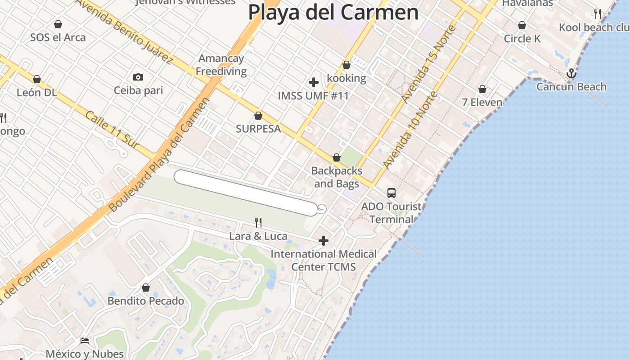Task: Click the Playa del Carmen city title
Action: pyautogui.click(x=333, y=12)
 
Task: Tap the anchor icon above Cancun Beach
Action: pyautogui.click(x=571, y=73)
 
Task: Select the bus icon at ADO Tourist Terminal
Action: pyautogui.click(x=391, y=193)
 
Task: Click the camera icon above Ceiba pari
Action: pyautogui.click(x=138, y=77)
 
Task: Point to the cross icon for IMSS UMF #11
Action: pyautogui.click(x=314, y=82)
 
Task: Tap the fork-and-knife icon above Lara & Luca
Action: pyautogui.click(x=258, y=223)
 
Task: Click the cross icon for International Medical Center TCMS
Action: pyautogui.click(x=323, y=241)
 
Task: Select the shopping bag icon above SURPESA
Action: pyautogui.click(x=258, y=116)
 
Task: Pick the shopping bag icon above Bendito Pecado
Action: pyautogui.click(x=146, y=288)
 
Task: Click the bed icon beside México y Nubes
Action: pyautogui.click(x=85, y=341)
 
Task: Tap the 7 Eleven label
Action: pyautogui.click(x=482, y=102)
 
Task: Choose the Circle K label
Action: pyautogui.click(x=522, y=39)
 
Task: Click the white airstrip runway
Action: pyautogui.click(x=246, y=192)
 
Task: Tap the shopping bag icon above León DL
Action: pyautogui.click(x=37, y=80)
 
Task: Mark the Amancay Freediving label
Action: pyautogui.click(x=221, y=65)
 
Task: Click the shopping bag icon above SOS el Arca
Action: pyautogui.click(x=58, y=24)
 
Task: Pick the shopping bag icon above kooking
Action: pyautogui.click(x=346, y=65)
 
